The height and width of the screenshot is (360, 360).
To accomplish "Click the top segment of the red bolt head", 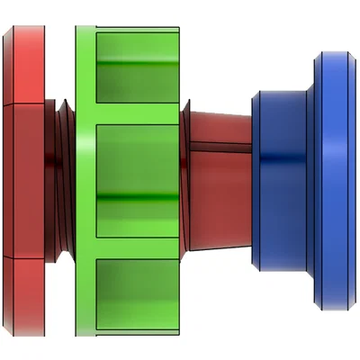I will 22,63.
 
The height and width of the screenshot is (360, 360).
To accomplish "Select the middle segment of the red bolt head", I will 22,180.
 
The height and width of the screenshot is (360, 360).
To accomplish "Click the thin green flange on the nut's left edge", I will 85,180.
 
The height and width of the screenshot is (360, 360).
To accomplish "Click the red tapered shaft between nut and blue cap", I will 220,180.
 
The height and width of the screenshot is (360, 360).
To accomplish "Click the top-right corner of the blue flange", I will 346,56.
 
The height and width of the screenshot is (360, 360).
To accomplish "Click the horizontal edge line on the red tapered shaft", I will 220,149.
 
